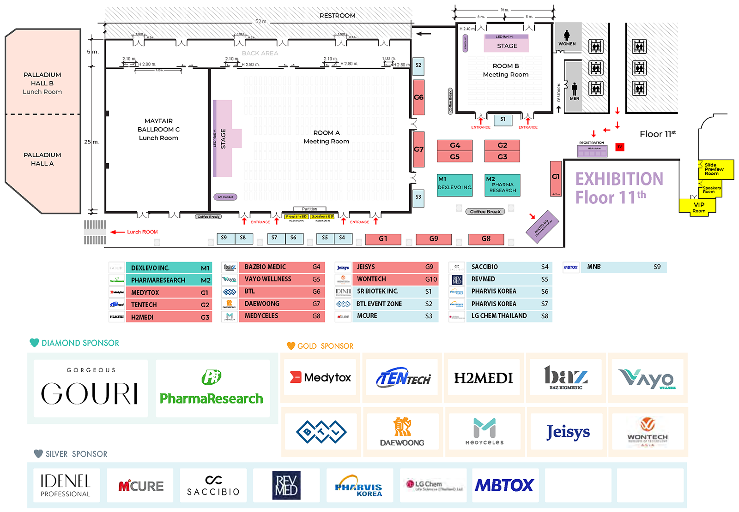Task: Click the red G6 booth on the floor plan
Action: [418, 97]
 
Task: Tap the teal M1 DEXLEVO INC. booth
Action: [454, 185]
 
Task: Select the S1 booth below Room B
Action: [503, 119]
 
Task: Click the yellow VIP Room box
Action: [698, 206]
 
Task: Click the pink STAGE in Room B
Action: [507, 46]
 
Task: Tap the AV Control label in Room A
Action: [225, 197]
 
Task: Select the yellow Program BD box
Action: [296, 216]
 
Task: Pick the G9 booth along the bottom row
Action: [433, 239]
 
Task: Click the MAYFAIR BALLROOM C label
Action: [158, 130]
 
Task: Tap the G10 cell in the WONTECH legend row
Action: [431, 280]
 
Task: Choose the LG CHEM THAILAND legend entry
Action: [499, 316]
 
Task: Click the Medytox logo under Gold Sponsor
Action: [320, 378]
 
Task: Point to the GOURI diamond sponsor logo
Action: [91, 389]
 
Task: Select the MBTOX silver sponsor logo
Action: [504, 485]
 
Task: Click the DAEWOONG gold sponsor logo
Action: [402, 432]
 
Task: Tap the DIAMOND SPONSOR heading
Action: [80, 343]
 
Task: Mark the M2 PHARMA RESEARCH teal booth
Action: [502, 185]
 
